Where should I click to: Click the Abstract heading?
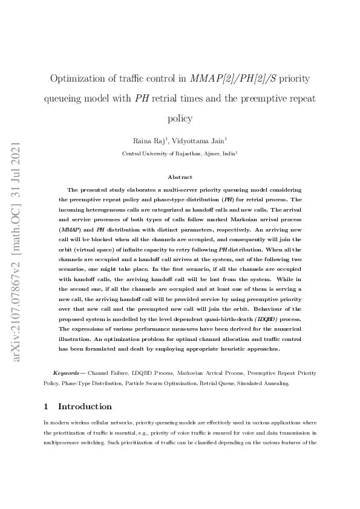180,177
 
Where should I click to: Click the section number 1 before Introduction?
47,406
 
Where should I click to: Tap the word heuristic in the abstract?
232,349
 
